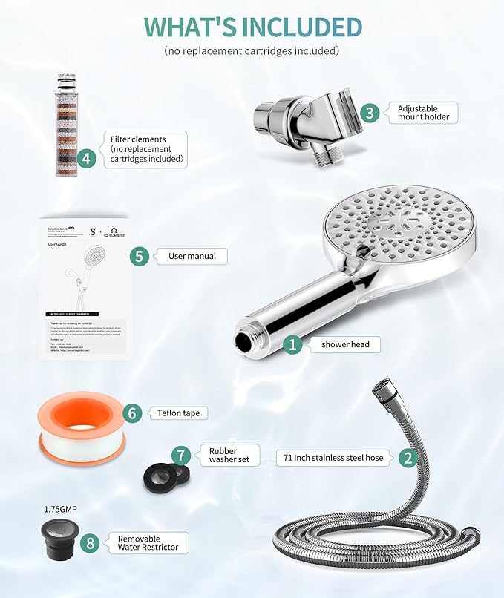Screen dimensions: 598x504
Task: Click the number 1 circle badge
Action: (x=293, y=344)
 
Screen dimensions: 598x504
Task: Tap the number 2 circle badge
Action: (x=408, y=458)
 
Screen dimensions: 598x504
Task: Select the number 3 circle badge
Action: (x=370, y=113)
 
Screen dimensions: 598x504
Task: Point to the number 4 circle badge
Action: (x=88, y=157)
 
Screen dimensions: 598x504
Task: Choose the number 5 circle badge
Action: (x=139, y=256)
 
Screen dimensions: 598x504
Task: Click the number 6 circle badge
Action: (x=131, y=413)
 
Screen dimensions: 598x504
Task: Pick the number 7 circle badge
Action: (x=180, y=455)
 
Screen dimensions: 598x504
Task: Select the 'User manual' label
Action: (x=192, y=256)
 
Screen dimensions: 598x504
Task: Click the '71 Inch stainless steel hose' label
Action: (x=333, y=458)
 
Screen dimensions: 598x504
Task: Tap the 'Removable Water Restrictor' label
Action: (x=148, y=543)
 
